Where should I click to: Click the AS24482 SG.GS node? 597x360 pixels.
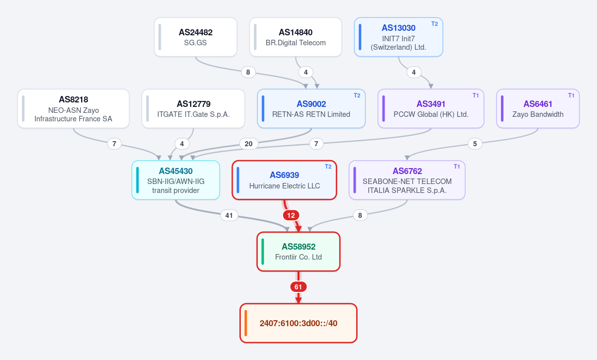196,37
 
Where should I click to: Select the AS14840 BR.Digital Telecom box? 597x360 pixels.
296,37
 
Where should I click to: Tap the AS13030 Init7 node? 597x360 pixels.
398,37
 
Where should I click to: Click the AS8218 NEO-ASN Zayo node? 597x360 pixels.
73,109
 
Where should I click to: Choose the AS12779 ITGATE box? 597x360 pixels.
193,109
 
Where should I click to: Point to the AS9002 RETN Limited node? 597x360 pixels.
311,109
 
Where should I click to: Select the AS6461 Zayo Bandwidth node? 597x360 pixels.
538,109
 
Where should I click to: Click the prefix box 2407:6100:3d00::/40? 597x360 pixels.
298,323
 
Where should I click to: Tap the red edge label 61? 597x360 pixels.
298,287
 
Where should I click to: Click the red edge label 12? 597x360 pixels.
291,215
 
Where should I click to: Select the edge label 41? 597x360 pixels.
229,215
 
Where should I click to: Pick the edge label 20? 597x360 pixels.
249,144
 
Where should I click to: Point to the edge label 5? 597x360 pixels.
475,144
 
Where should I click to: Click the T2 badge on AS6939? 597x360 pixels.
328,167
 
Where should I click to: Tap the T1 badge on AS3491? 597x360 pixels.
476,95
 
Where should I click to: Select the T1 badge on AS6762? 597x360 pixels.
457,167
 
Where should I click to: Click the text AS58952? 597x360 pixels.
298,247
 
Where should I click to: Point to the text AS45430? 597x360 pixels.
176,171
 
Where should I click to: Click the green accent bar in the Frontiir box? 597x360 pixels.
263,252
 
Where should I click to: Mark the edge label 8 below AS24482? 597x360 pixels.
248,72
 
